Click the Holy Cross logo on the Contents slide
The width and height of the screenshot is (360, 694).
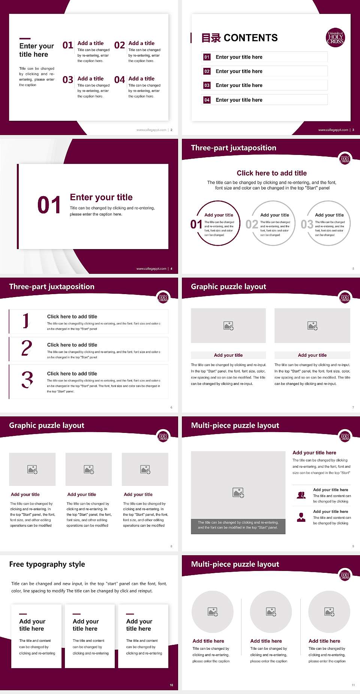click(335, 38)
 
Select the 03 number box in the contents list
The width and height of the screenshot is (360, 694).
click(207, 86)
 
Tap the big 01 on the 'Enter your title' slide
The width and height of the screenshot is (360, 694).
click(49, 205)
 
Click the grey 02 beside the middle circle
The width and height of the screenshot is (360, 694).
click(252, 224)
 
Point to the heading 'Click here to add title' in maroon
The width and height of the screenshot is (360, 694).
click(271, 173)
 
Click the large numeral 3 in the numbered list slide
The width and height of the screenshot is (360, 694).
click(27, 380)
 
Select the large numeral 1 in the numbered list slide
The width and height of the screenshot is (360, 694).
click(26, 321)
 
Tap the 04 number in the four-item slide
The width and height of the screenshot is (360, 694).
click(120, 80)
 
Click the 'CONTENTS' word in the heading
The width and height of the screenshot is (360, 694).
click(250, 38)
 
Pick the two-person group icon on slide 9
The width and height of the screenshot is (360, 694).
click(301, 495)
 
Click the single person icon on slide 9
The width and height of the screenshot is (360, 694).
click(301, 517)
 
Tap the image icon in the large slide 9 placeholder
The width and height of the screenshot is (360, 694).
click(238, 493)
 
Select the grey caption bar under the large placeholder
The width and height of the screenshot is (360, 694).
click(238, 525)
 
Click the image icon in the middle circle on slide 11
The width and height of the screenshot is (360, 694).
click(271, 612)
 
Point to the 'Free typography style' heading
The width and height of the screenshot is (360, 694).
click(47, 564)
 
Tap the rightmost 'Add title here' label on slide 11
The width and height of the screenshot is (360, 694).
click(324, 641)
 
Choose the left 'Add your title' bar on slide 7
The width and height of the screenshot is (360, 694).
click(228, 355)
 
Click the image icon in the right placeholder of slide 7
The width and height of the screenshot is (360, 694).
click(312, 326)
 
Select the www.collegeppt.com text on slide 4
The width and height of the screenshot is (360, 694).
click(151, 269)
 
